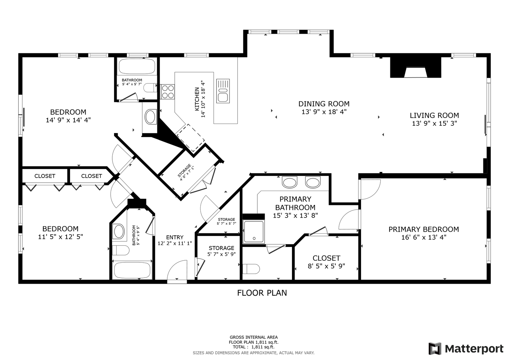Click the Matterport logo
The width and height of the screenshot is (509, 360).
[466, 349]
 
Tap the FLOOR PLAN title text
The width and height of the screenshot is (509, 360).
[262, 293]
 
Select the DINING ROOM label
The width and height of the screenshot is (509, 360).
[324, 104]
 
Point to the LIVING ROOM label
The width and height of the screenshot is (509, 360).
[434, 115]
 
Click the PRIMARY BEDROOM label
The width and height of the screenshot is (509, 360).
[424, 229]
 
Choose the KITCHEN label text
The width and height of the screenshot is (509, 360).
[197, 99]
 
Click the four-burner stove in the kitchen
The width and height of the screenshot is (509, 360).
[167, 92]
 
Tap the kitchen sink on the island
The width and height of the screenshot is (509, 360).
[223, 91]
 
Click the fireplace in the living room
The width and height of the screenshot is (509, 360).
[416, 67]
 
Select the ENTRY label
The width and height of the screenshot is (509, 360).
[175, 237]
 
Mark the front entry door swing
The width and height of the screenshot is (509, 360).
[177, 270]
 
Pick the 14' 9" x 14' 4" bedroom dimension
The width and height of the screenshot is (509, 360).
[68, 120]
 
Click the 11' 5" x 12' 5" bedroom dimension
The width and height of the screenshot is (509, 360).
[60, 237]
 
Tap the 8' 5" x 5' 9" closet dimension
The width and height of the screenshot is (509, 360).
[326, 266]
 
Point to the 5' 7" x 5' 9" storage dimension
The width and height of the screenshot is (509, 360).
[221, 254]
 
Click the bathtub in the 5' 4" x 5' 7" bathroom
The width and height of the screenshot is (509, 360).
[137, 66]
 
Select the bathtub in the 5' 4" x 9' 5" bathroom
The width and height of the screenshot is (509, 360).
[132, 271]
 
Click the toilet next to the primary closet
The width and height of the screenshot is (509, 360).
[251, 269]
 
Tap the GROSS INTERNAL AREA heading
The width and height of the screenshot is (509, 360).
[254, 337]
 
